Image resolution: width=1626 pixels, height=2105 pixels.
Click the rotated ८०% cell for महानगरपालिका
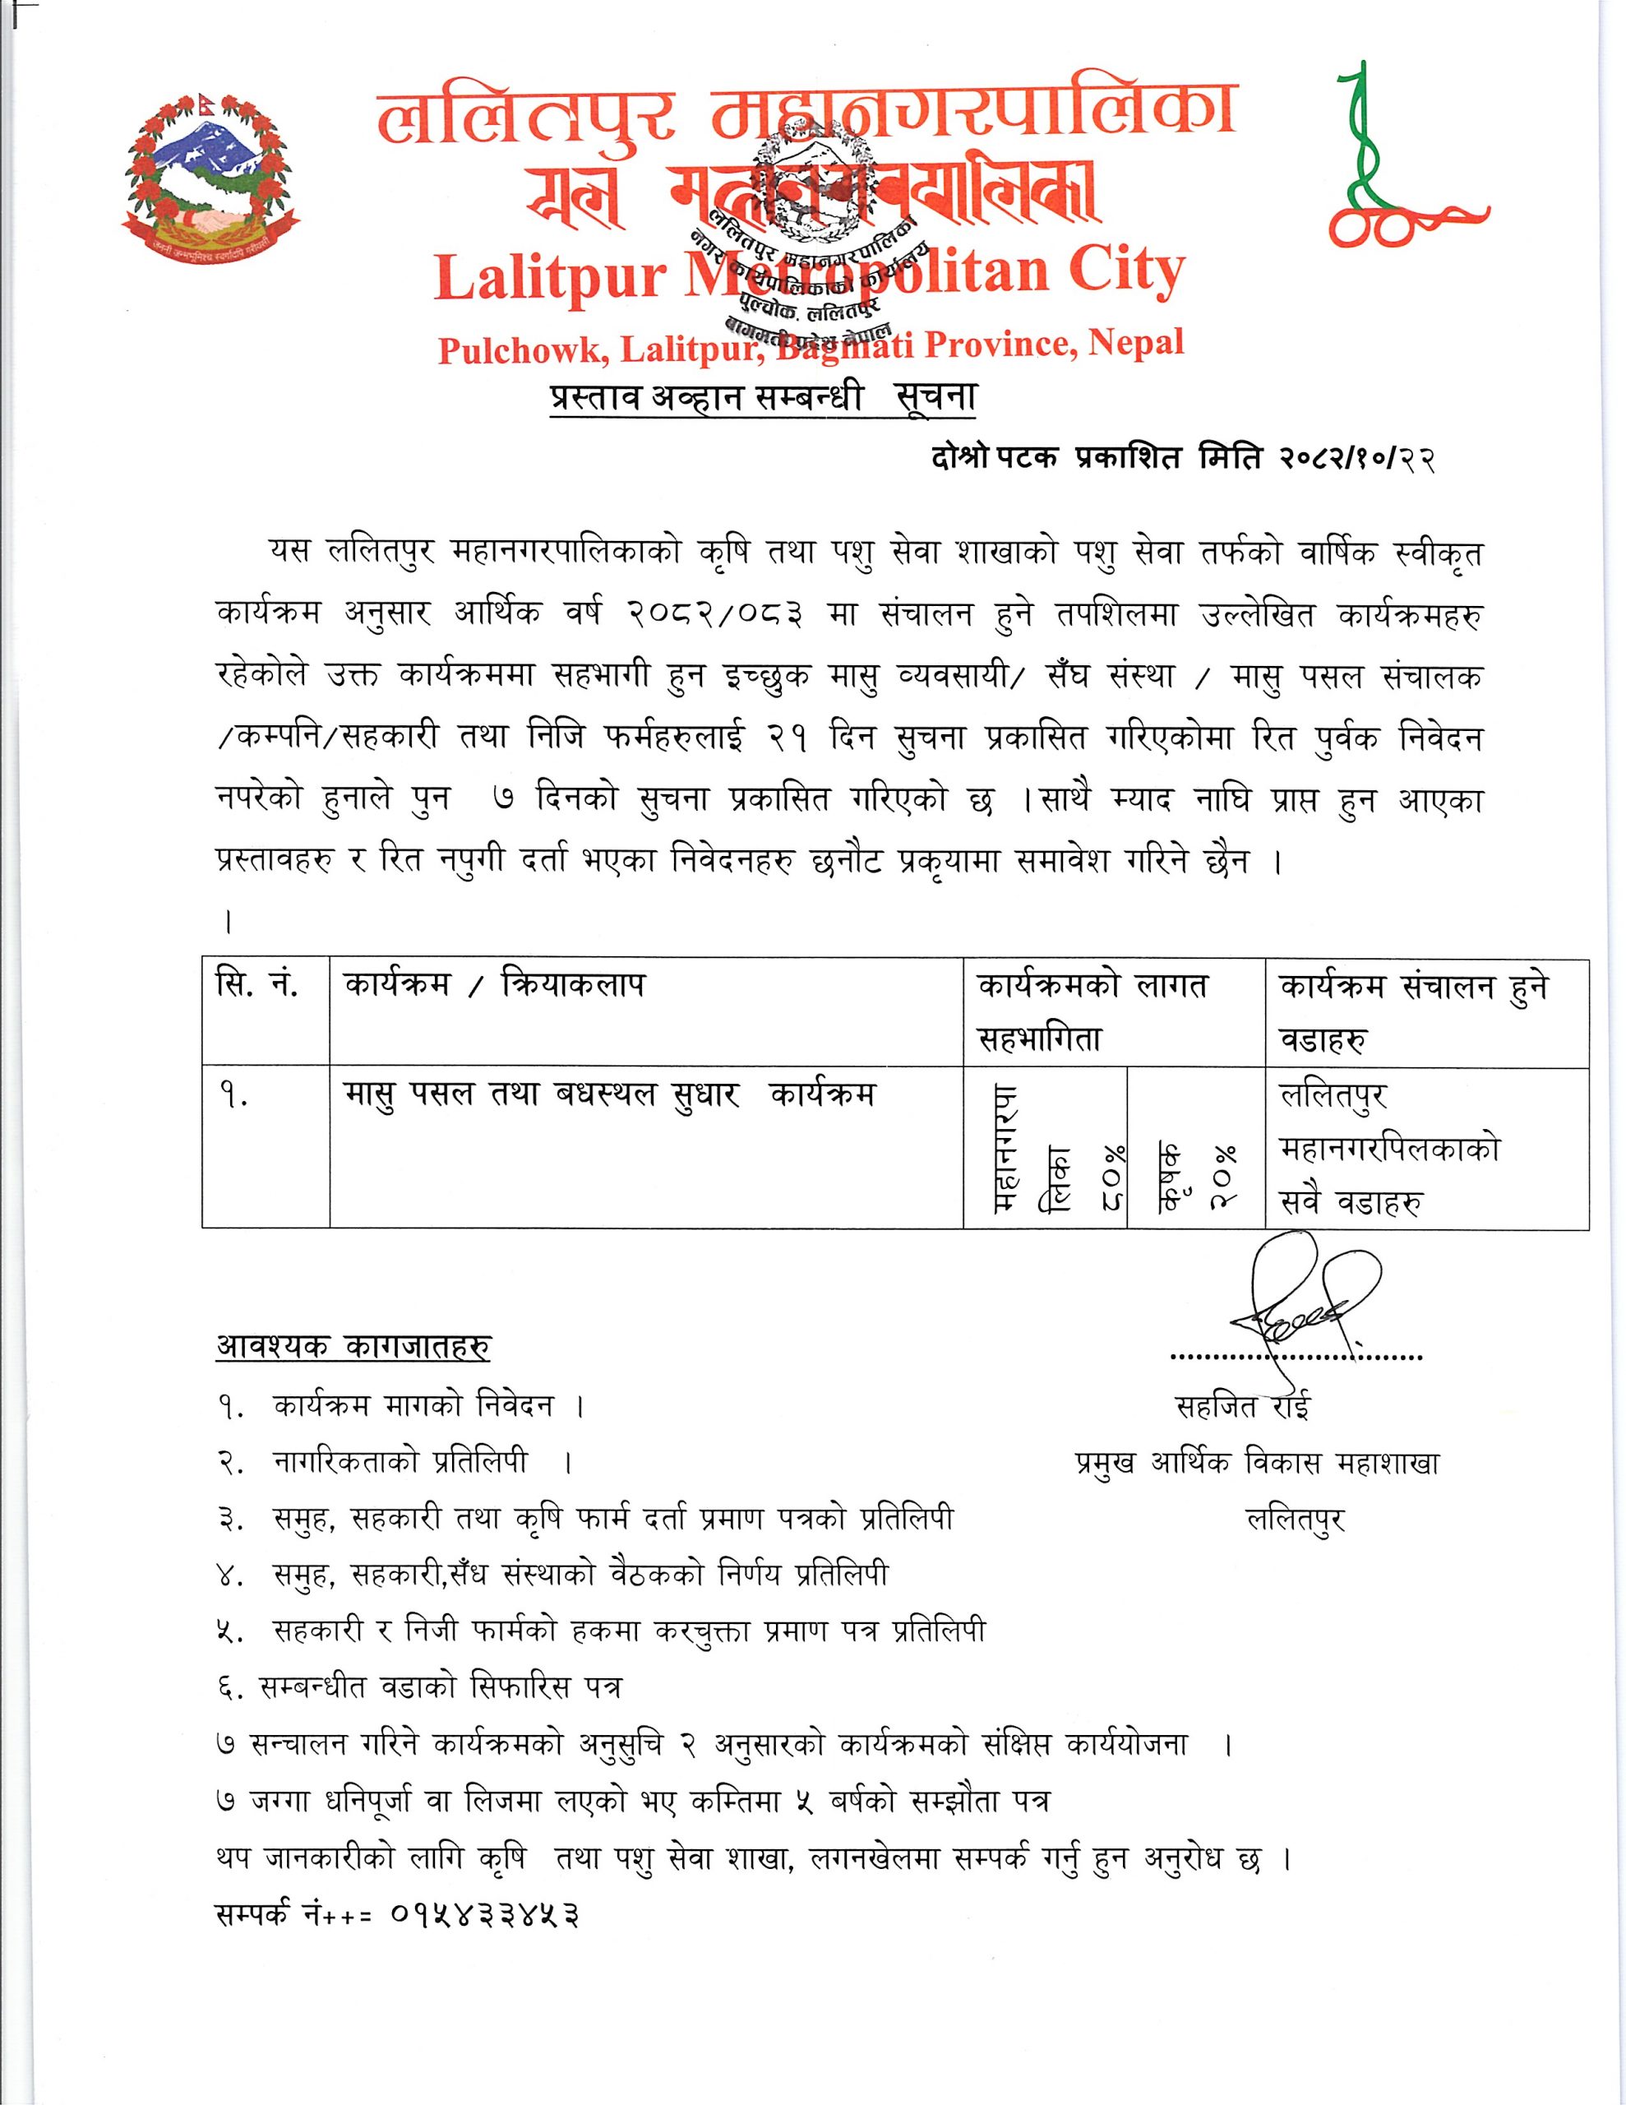point(1046,1148)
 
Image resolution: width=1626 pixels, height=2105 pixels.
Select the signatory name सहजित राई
point(1244,1407)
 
